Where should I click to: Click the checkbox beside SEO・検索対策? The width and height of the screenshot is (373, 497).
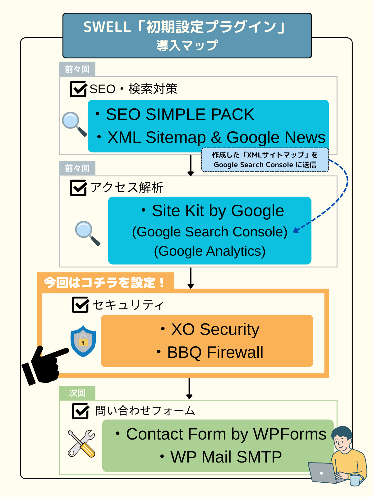[x=78, y=89]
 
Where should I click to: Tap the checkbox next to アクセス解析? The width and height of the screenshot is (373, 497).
[x=78, y=188]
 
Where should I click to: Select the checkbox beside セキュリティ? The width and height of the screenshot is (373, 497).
[x=80, y=305]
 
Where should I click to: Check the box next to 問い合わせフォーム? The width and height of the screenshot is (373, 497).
[x=80, y=411]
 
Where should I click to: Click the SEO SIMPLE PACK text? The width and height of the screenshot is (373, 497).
[x=180, y=114]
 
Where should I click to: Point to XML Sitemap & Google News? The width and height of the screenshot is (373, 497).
[x=216, y=137]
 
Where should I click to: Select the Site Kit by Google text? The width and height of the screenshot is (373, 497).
[x=218, y=211]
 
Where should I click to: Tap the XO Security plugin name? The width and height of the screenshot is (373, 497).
[x=215, y=329]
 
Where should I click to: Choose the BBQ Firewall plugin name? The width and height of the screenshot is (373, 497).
[x=215, y=352]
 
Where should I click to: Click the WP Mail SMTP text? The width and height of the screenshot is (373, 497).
[x=226, y=457]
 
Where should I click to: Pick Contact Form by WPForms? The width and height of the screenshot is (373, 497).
[x=226, y=434]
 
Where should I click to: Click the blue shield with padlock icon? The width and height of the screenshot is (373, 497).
[x=83, y=341]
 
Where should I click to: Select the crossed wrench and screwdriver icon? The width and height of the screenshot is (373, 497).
[x=81, y=444]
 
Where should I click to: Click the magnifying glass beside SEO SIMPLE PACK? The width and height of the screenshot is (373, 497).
[x=74, y=124]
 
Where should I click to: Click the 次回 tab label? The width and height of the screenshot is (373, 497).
[x=77, y=393]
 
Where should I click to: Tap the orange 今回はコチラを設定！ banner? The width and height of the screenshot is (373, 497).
[x=105, y=282]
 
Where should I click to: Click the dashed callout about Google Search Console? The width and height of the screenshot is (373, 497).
[x=265, y=160]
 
